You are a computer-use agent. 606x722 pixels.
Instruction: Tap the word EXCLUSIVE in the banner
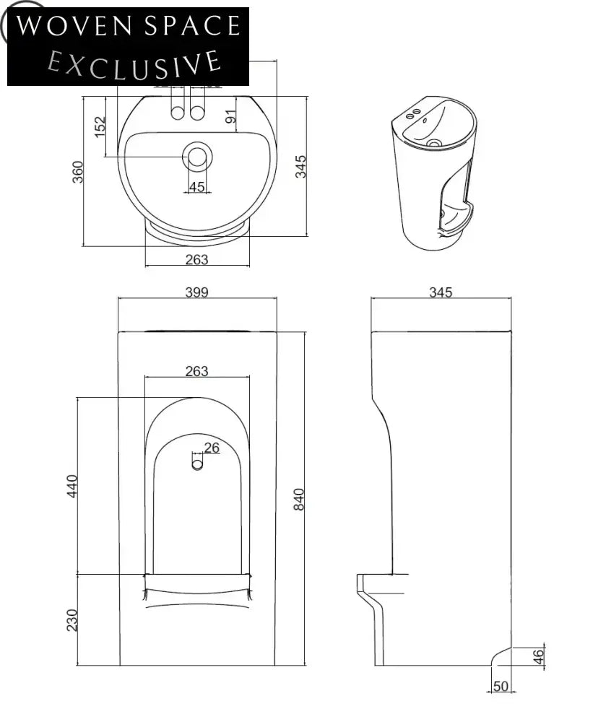click(134, 62)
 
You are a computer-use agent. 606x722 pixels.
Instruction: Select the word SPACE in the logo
click(191, 27)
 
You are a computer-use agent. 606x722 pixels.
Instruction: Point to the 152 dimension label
click(100, 126)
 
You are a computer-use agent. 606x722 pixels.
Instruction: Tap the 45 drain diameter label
click(196, 187)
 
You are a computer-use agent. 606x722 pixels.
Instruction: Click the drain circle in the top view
click(196, 156)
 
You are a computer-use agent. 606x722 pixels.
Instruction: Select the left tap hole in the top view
click(177, 112)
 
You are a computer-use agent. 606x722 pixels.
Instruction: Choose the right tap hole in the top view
click(196, 112)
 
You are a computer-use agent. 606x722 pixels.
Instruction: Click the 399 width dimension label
click(196, 292)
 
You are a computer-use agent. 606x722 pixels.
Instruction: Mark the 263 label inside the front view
click(196, 371)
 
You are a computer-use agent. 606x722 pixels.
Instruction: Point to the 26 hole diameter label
click(211, 448)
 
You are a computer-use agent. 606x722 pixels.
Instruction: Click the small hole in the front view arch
click(197, 464)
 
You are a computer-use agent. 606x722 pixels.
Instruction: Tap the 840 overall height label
click(299, 499)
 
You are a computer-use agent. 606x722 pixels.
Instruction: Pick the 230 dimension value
click(72, 619)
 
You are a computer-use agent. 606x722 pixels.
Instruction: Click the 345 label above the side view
click(441, 292)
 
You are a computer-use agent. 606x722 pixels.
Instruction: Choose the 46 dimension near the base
click(539, 656)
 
